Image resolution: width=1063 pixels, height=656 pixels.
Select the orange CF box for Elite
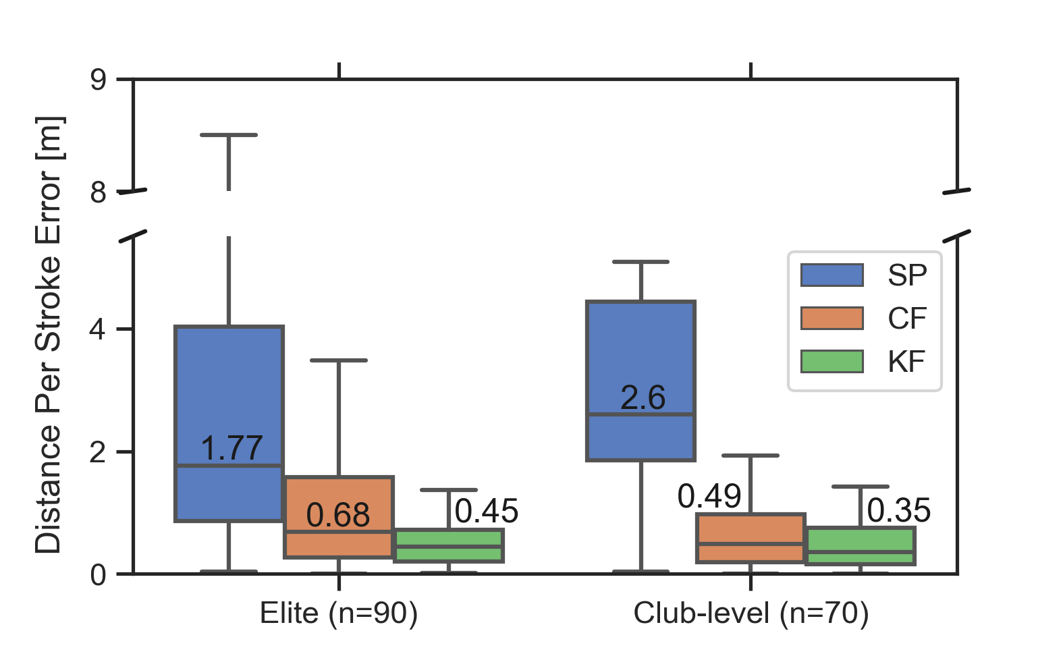(x=339, y=499)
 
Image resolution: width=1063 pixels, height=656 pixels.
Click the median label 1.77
(x=231, y=448)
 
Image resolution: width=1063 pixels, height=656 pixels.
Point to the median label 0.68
(x=337, y=516)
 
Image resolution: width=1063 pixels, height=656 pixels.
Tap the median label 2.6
(x=643, y=398)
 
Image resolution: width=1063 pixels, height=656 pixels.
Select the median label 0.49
(x=709, y=497)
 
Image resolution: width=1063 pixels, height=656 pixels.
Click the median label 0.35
(x=898, y=510)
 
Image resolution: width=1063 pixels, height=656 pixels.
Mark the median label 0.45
(x=486, y=511)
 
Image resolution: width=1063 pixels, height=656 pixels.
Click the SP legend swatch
(x=832, y=275)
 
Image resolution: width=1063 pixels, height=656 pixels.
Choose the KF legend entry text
(x=906, y=362)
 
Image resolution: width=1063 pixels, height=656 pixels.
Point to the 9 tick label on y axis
(x=99, y=80)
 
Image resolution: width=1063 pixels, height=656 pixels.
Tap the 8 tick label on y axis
(x=99, y=193)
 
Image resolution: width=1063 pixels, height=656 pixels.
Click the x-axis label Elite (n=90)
(x=339, y=613)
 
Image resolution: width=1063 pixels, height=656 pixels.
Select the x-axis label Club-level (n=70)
(x=751, y=613)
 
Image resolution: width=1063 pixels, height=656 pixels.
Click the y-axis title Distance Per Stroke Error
(x=49, y=334)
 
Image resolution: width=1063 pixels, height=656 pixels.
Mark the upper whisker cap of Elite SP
(x=229, y=135)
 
